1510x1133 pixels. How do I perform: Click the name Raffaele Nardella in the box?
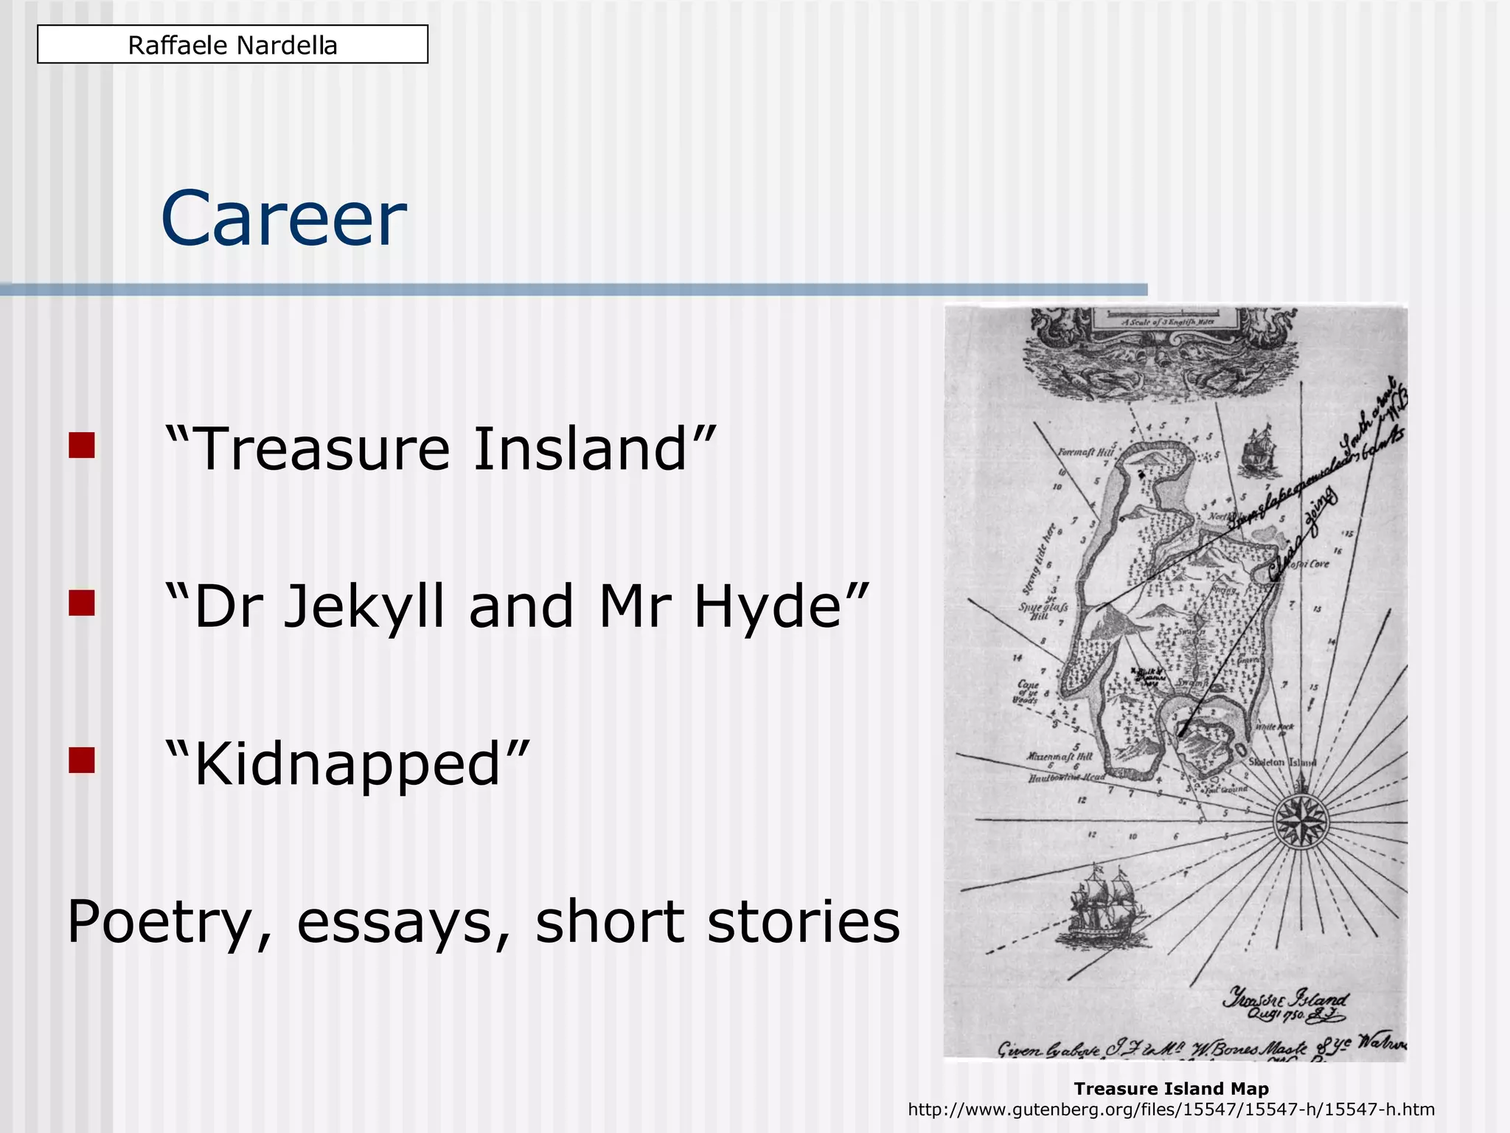(232, 45)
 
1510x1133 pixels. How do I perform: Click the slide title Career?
(283, 219)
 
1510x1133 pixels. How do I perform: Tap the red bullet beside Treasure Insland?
(82, 446)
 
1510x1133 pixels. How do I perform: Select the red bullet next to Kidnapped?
(82, 760)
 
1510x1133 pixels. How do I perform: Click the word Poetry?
(169, 922)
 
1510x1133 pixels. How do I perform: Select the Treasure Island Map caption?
(1171, 1089)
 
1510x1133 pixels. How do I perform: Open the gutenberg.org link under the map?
(1171, 1109)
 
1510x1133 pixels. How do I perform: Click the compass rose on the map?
(1301, 820)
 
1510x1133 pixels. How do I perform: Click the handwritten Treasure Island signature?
(1284, 1005)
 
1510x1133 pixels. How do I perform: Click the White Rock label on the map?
(1274, 727)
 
